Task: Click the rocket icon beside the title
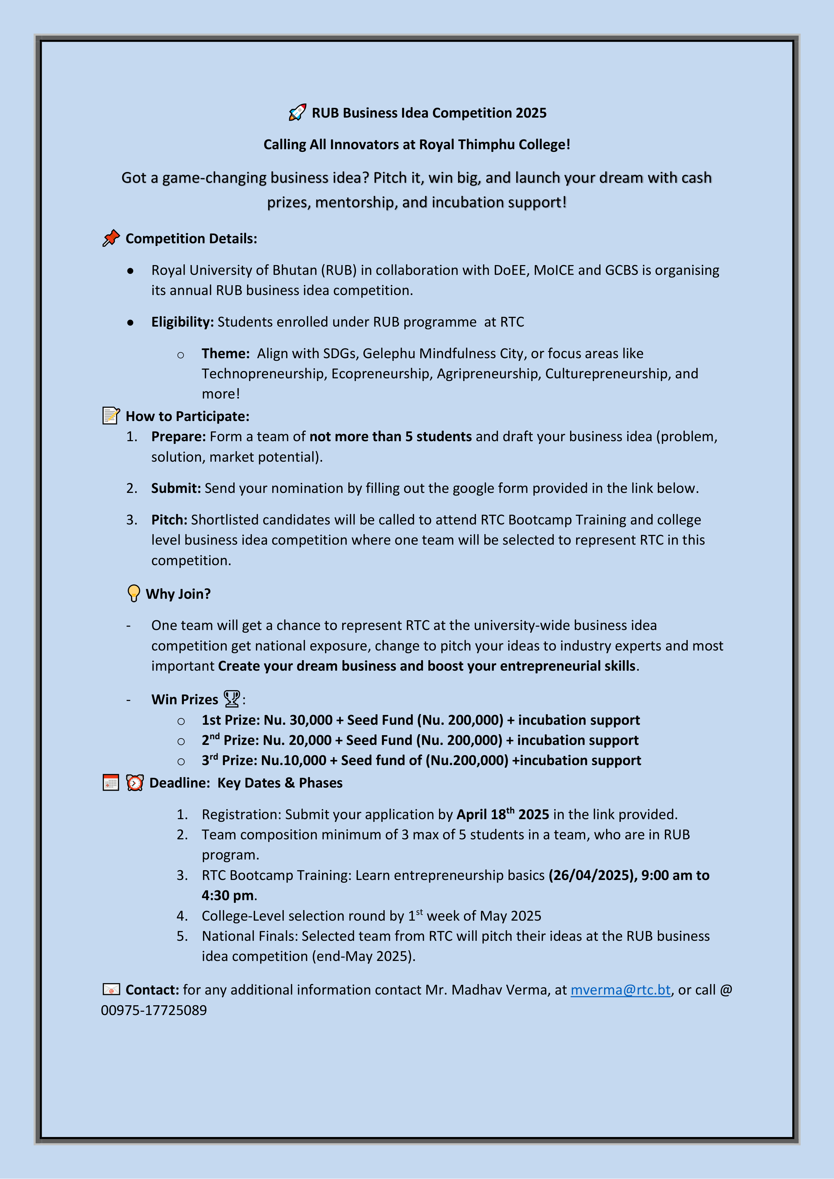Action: coord(297,113)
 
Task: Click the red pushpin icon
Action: coord(111,238)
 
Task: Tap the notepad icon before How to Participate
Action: coord(111,415)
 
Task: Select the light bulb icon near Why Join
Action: coord(133,593)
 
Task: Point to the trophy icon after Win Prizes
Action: coord(232,699)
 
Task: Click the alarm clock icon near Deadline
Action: coord(135,783)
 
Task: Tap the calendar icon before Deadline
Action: coord(111,783)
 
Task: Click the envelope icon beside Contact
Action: coord(111,989)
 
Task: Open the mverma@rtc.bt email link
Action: coord(620,989)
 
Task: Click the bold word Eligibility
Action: coord(182,322)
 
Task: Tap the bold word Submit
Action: coord(175,488)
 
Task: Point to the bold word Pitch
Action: coord(168,520)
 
